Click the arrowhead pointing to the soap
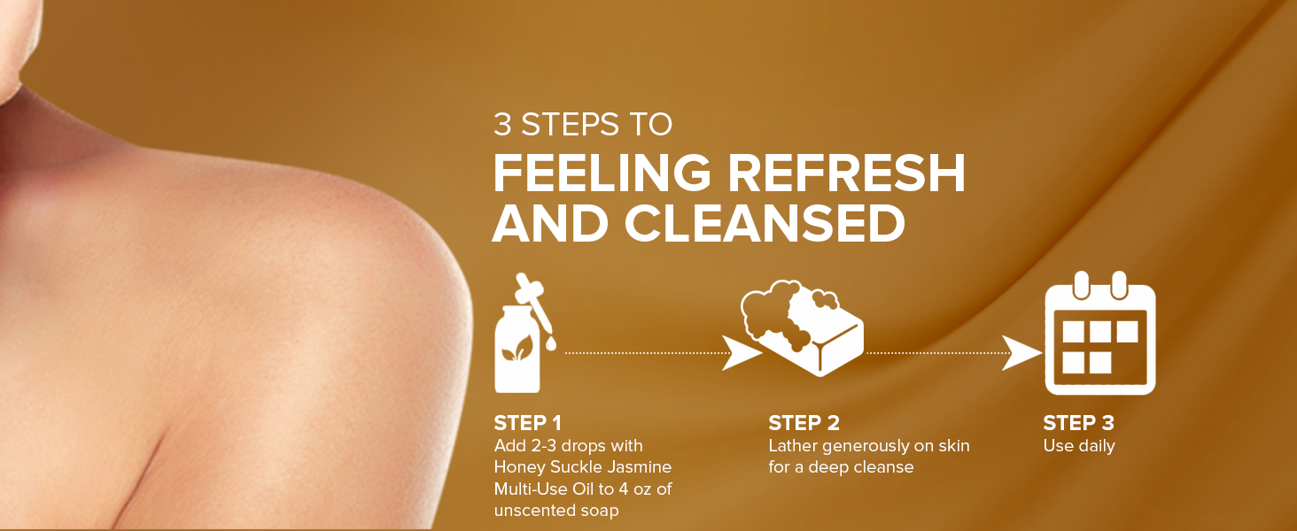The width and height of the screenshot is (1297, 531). point(739,352)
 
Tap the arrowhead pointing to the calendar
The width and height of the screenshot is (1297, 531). point(1019,352)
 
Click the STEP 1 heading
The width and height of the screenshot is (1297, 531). point(527,423)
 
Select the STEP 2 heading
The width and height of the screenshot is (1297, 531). point(804,423)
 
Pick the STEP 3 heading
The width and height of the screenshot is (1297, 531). point(1078,423)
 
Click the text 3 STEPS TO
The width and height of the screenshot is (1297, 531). point(582,125)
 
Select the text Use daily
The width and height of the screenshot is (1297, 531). point(1078,446)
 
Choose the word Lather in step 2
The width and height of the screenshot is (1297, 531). point(794,446)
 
